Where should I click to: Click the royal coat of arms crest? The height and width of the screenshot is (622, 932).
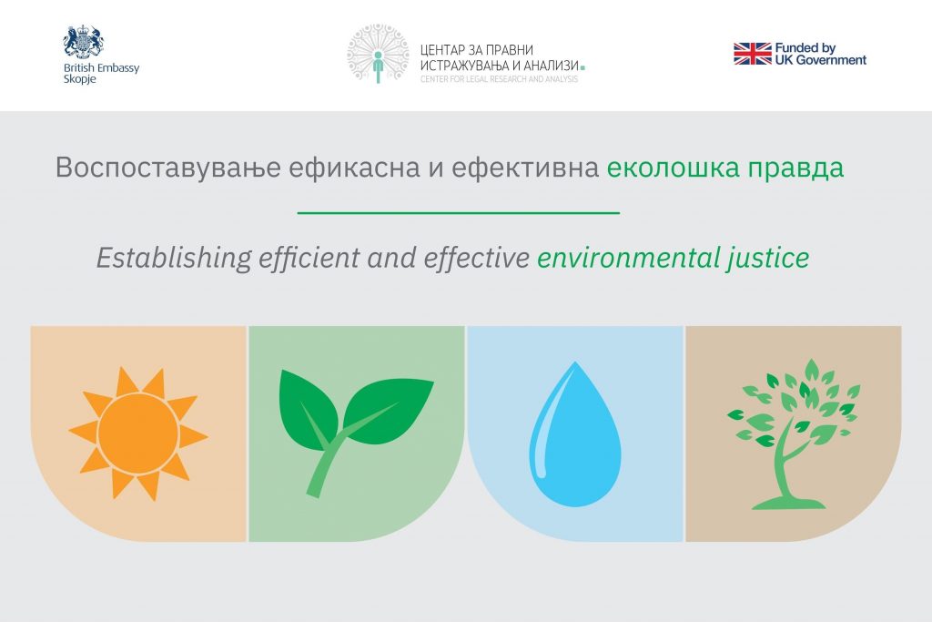(84, 42)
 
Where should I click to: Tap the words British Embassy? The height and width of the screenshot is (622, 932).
(102, 67)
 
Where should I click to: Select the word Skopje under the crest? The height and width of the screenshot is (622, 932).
(80, 79)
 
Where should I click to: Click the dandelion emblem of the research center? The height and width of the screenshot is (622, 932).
(378, 54)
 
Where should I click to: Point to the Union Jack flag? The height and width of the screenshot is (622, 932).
(753, 54)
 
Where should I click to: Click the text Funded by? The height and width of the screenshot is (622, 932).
(805, 48)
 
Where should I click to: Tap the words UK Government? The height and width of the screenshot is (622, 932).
(821, 60)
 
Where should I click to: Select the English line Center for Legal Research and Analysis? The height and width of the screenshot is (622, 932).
(500, 79)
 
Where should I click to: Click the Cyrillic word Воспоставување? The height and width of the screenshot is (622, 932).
(168, 168)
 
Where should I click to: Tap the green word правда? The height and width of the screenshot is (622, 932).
(795, 168)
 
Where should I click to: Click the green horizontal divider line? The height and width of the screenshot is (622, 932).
(459, 212)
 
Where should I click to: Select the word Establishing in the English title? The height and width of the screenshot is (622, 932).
(174, 259)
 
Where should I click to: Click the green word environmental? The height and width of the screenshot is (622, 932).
(628, 258)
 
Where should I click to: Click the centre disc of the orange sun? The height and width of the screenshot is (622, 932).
(138, 433)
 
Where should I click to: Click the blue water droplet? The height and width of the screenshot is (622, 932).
(575, 434)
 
